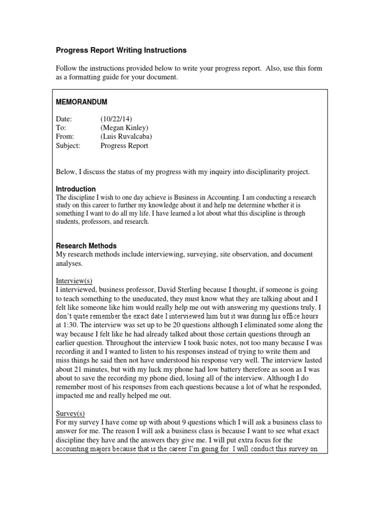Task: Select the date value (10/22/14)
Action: point(116,119)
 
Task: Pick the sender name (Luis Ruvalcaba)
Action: point(126,137)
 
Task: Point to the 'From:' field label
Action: point(65,137)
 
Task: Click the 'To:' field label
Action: point(61,128)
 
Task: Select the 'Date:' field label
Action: point(64,119)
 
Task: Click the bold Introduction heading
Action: point(76,189)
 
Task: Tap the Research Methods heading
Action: point(86,246)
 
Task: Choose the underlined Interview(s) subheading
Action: point(76,280)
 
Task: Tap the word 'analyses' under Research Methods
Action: point(69,263)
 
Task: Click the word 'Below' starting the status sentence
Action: point(66,172)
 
